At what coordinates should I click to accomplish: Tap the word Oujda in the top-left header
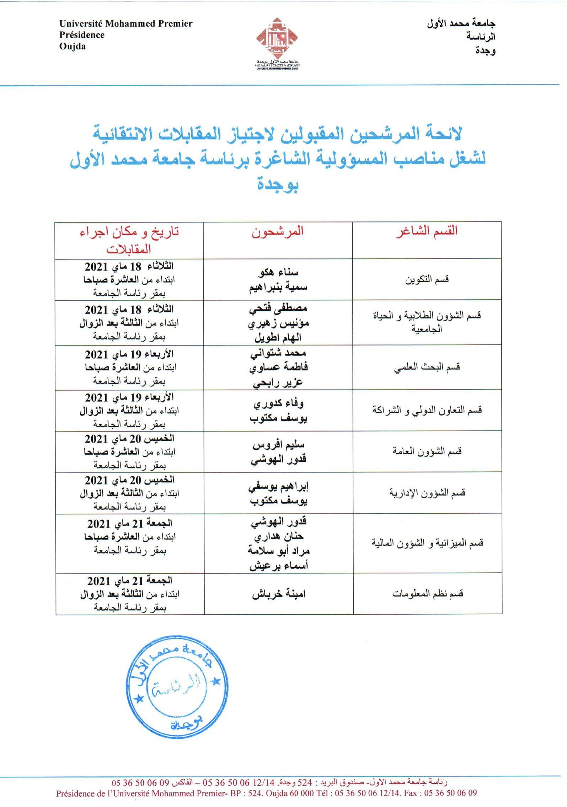pos(73,47)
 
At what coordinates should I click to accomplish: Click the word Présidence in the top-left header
pos(82,35)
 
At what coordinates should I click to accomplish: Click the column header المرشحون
pos(278,231)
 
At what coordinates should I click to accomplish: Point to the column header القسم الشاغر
pos(427,231)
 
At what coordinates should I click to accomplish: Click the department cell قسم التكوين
pos(427,279)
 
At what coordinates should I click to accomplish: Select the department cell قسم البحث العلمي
pos(427,367)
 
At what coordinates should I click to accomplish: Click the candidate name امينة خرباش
pos(279,594)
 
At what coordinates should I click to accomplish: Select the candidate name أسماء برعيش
pos(279,566)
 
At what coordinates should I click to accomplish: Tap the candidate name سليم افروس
pos(279,445)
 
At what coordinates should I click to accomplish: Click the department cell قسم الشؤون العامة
pos(427,451)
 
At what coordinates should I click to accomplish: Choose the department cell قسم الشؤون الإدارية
pos(427,493)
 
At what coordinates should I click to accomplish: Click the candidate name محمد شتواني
pos(278,353)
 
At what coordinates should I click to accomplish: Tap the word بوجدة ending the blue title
pos(278,185)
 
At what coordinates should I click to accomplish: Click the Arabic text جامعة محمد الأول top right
pos(461,24)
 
